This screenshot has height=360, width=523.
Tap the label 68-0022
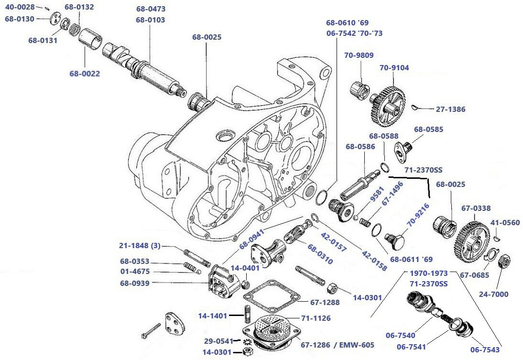[x=85, y=73]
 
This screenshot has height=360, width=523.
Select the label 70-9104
[x=394, y=68]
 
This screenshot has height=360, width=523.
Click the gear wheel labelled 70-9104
[x=387, y=103]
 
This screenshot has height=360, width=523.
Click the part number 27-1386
[x=450, y=109]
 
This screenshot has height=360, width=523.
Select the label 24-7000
[x=493, y=294]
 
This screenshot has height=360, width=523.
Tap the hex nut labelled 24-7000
[x=503, y=262]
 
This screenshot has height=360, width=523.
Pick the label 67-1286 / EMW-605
[x=337, y=345]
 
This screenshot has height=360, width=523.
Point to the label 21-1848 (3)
[x=140, y=246]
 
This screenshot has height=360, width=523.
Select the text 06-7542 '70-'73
[x=354, y=33]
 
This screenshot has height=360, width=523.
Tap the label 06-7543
[x=485, y=349]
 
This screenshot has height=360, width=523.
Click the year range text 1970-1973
[x=429, y=273]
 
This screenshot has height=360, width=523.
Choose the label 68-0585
[x=428, y=129]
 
